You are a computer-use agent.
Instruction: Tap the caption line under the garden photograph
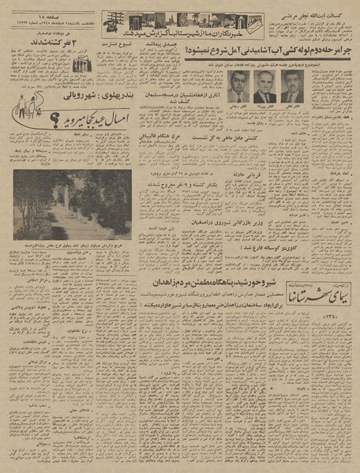click(x=72, y=246)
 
